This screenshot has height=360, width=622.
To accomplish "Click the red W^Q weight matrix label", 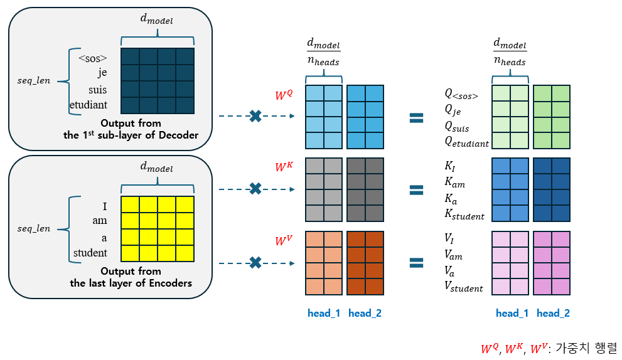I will click(283, 96).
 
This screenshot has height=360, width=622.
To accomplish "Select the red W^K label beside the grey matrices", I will click(283, 167).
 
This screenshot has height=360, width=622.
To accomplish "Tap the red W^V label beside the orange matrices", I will click(283, 241).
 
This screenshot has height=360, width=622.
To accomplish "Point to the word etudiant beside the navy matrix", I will click(89, 105).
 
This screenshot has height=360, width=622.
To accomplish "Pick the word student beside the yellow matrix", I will click(90, 253).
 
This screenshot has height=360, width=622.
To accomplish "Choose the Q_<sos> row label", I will click(461, 95).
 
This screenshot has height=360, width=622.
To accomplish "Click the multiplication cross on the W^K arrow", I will click(255, 188).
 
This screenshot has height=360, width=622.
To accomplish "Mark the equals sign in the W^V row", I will click(416, 263).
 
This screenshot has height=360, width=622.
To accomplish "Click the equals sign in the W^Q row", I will click(416, 117).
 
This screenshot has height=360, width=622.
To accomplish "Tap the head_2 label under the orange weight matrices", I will click(365, 313).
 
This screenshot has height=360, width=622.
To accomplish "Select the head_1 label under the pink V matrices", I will click(512, 313).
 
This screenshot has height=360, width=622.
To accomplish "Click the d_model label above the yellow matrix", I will click(156, 167).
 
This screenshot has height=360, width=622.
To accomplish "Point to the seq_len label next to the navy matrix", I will click(33, 80).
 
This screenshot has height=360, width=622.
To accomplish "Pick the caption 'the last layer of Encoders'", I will click(131, 283).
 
